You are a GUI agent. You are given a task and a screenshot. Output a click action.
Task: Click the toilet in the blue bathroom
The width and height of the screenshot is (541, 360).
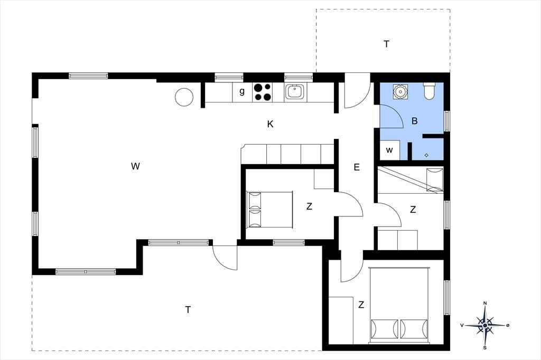[429, 91]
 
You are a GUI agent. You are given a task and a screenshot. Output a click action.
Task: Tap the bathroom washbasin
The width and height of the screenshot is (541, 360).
[400, 91]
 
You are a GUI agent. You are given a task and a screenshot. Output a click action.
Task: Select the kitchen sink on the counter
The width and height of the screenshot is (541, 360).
[295, 92]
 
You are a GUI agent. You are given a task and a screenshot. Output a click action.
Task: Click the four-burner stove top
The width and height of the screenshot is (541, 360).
[262, 92]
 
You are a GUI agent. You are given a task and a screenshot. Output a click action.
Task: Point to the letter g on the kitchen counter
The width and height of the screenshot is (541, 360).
[242, 91]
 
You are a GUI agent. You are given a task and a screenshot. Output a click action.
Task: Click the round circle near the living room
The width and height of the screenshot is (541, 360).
[184, 97]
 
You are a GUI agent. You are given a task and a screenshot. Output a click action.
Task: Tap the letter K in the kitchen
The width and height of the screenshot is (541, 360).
[270, 124]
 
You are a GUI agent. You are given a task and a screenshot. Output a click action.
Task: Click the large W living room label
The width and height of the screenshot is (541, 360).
[136, 166]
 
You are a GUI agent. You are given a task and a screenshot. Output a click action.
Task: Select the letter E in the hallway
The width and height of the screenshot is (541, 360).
[357, 167]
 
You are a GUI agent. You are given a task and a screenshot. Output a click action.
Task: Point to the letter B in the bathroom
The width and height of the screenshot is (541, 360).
[415, 121]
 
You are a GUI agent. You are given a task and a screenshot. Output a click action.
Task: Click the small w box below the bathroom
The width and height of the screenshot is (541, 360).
[389, 150]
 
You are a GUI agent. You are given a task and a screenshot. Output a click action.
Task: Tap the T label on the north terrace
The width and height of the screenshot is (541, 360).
[386, 44]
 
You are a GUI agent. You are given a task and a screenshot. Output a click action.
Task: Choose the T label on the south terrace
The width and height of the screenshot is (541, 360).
[188, 310]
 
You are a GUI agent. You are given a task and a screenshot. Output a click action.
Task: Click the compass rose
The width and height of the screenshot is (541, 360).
[485, 325]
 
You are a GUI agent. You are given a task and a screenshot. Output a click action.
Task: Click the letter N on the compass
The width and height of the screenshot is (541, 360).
[485, 303]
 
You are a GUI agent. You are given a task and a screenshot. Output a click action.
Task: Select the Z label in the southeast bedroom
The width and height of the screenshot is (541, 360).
[361, 305]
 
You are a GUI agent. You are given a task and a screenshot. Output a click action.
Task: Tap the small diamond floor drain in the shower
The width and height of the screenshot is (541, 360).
[426, 155]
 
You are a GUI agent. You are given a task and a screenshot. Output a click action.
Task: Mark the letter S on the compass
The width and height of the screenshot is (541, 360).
[485, 347]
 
